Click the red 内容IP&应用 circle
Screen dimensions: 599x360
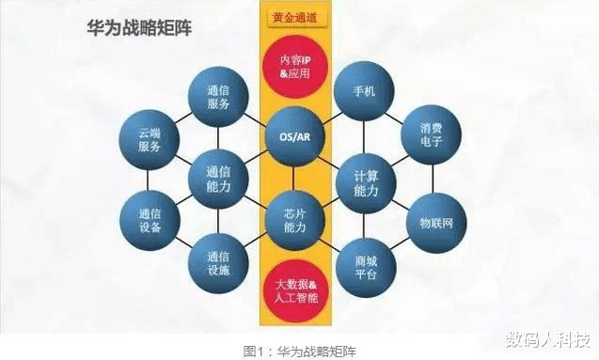[294, 68]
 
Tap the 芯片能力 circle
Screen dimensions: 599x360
[294, 219]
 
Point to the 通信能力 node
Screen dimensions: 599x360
[217, 178]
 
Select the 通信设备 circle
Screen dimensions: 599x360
[149, 220]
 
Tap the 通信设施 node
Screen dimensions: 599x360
[217, 260]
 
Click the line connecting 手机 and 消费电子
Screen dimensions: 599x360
[399, 116]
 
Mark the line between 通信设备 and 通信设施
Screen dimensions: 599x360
[182, 241]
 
